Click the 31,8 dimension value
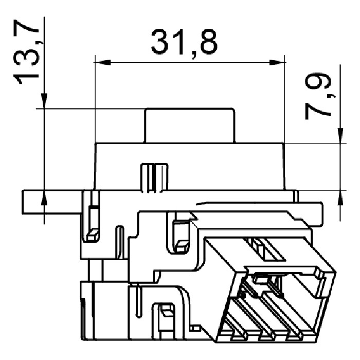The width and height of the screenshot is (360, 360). coord(184,43)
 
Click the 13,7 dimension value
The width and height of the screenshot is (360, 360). coord(26,52)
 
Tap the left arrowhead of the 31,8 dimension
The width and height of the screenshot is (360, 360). coord(103,62)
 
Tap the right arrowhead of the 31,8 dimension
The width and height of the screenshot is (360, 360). coord(277,62)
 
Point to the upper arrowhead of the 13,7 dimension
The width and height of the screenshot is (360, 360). coord(44,101)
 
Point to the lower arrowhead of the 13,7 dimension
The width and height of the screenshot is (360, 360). coord(44,198)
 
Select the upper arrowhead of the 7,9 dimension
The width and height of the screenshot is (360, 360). coord(340,135)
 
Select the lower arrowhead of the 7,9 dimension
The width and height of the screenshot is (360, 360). coord(340,198)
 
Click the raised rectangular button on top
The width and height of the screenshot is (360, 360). coord(189,125)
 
